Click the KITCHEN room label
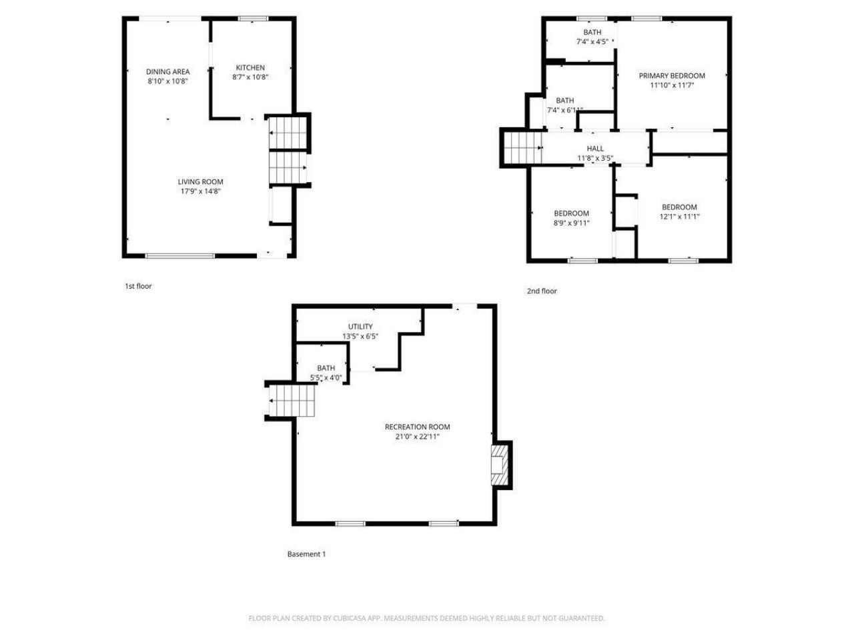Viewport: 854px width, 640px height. click(250, 67)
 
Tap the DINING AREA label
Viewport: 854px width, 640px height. click(167, 71)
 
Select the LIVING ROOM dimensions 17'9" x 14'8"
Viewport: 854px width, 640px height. click(200, 191)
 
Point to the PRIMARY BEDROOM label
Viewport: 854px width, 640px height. click(672, 75)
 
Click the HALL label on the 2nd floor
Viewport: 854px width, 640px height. click(595, 149)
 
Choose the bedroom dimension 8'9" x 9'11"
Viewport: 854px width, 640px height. click(571, 223)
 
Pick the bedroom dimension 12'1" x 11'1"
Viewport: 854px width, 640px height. click(679, 217)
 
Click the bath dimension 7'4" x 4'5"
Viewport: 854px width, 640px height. click(592, 41)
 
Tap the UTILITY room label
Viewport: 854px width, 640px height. click(360, 327)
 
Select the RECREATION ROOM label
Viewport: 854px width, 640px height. click(417, 427)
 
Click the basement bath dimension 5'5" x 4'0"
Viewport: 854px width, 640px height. click(326, 378)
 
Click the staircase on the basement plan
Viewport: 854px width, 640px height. click(292, 400)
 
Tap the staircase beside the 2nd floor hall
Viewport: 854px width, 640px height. click(521, 147)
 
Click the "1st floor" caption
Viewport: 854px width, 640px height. click(138, 286)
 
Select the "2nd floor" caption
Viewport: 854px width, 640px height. click(542, 291)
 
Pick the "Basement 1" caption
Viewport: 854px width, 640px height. click(306, 554)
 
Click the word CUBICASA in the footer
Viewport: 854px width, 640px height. click(349, 618)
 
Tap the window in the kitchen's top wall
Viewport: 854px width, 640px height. click(252, 18)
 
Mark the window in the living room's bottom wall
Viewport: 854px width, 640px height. click(180, 255)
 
